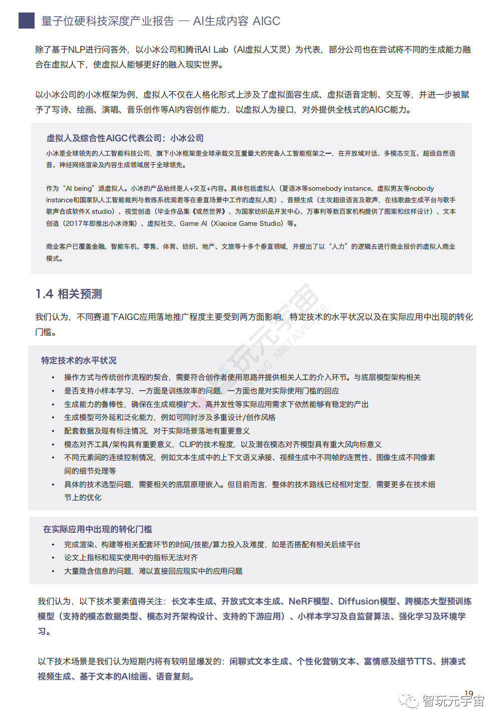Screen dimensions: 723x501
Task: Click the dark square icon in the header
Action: (x=27, y=21)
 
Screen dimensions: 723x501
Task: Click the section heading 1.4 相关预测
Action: (x=69, y=294)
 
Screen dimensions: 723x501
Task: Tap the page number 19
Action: (x=468, y=694)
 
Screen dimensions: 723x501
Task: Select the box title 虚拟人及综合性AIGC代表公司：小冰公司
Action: (x=125, y=138)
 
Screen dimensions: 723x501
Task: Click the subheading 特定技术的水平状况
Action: (x=79, y=360)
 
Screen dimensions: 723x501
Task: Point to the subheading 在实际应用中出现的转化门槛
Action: (x=98, y=529)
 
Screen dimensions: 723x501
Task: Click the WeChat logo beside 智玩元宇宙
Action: (x=409, y=700)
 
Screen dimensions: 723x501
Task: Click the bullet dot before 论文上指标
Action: (x=53, y=558)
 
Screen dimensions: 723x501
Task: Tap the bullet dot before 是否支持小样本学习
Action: (x=53, y=391)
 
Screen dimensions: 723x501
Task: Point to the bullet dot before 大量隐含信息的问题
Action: (x=53, y=571)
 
